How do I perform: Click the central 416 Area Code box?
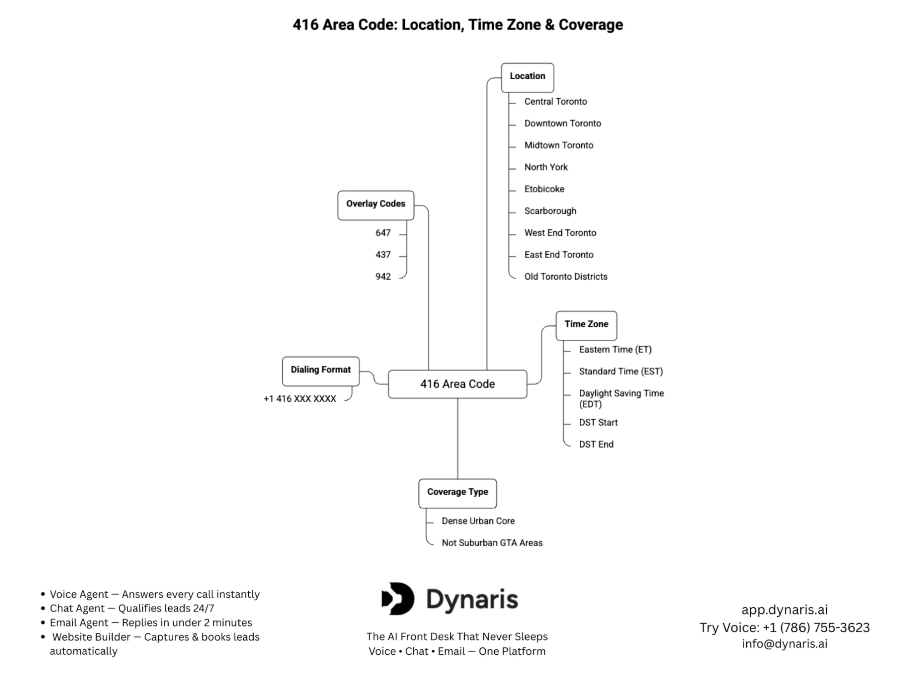(457, 384)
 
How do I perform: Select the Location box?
(527, 77)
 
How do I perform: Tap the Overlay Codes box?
(376, 205)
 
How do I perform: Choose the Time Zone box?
(586, 325)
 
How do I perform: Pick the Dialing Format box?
(321, 370)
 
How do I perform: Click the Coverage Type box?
(457, 493)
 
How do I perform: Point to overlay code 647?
(383, 233)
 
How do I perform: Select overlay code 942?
(383, 277)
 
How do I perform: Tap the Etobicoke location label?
(544, 189)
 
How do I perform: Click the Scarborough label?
(550, 211)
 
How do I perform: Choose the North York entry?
(546, 167)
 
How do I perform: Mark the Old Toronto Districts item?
(565, 277)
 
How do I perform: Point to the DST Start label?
(598, 423)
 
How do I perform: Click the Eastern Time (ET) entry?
(615, 350)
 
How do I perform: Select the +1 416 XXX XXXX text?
(300, 399)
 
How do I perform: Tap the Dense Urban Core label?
(478, 521)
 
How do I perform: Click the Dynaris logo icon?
(398, 599)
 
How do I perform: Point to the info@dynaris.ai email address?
(784, 644)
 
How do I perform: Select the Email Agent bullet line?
(151, 623)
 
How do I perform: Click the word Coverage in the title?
(590, 25)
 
